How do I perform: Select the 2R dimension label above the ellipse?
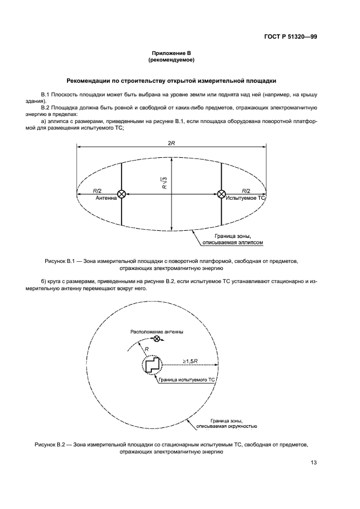click(171, 142)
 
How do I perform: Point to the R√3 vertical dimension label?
click(164, 182)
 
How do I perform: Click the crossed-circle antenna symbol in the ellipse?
click(121, 194)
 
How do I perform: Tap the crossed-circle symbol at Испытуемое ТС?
click(222, 194)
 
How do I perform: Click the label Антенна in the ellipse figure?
click(106, 199)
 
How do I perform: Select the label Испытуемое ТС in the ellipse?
click(246, 199)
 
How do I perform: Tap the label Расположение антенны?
click(156, 332)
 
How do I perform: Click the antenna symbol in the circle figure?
click(157, 339)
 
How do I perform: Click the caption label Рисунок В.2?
click(53, 444)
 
